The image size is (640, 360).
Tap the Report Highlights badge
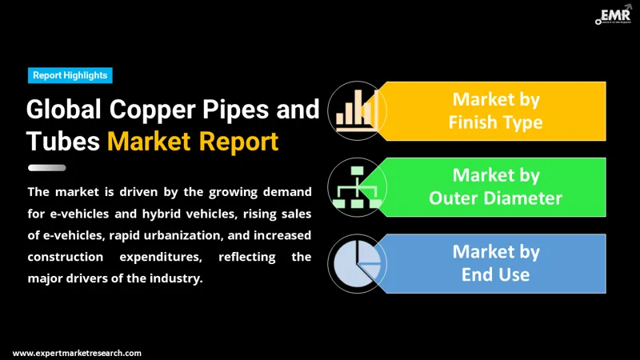[x=70, y=75]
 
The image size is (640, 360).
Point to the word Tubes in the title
[x=63, y=142]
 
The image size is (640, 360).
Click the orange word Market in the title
[x=150, y=142]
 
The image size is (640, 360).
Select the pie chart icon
[x=357, y=262]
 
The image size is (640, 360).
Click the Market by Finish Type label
[x=496, y=110]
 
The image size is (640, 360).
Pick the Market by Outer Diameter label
[x=496, y=186]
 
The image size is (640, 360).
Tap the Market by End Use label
[x=496, y=262]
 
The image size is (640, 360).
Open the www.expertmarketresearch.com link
[x=77, y=352]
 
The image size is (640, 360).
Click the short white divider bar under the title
[x=47, y=168]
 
